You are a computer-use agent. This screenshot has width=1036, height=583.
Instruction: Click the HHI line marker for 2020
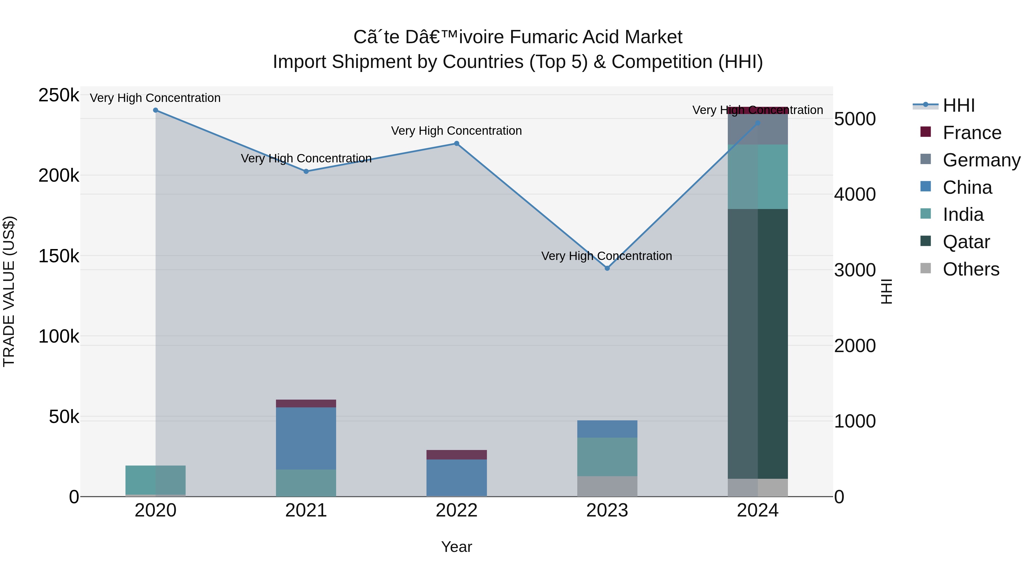[x=156, y=110]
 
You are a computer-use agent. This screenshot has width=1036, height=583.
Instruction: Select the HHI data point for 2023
[x=607, y=268]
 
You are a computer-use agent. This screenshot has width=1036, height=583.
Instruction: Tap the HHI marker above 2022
[x=456, y=144]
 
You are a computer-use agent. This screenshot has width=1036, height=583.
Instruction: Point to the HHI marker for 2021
[x=306, y=171]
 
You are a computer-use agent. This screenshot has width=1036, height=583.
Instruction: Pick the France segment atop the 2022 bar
[x=456, y=455]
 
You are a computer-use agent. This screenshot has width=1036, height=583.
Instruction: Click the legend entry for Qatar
[x=966, y=242]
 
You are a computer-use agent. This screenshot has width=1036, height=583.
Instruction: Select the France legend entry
[x=972, y=133]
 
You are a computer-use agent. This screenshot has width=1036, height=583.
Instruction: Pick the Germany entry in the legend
[x=981, y=160]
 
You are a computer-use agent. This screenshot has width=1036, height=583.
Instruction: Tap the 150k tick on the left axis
[x=59, y=256]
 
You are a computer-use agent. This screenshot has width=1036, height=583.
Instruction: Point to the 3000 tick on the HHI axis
[x=855, y=270]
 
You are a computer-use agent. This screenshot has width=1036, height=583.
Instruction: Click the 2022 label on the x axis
[x=456, y=510]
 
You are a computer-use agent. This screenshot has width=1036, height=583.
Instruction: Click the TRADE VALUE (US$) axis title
[x=9, y=291]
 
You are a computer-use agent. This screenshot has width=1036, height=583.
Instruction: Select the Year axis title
[x=456, y=547]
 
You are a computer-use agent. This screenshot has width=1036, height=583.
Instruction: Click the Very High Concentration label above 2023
[x=606, y=256]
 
